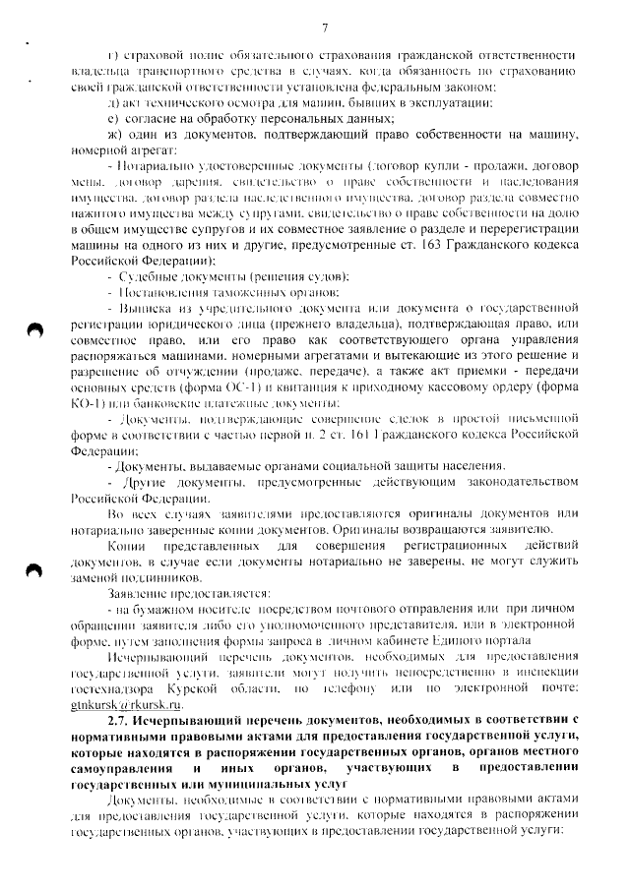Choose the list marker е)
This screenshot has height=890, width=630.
coord(113,118)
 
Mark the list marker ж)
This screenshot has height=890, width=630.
coord(115,134)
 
